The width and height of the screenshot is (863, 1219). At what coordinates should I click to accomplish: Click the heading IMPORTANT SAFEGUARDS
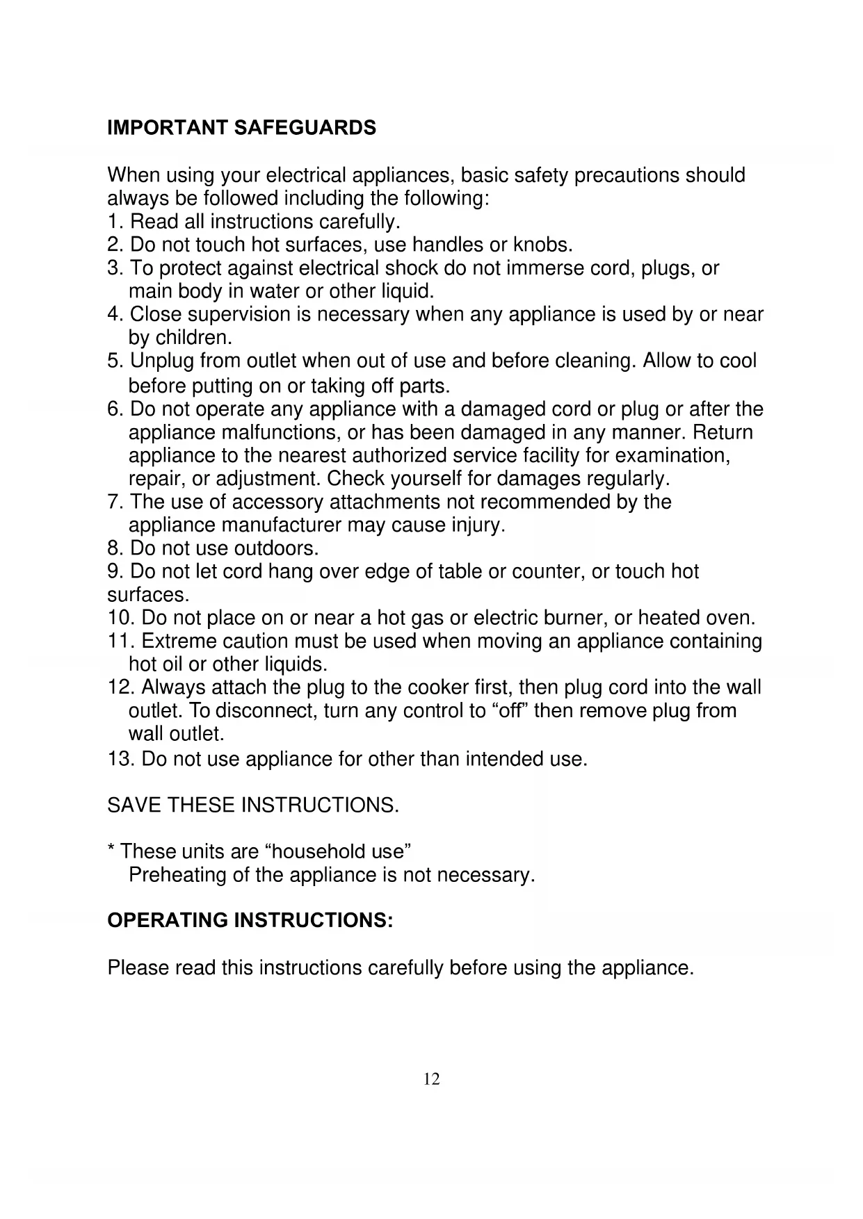coord(241,128)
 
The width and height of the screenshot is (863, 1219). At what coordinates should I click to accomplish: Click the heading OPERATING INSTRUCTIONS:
coord(250,920)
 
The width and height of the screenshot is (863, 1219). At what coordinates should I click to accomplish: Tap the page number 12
coord(431,1079)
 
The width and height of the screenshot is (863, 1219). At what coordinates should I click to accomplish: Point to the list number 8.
coord(115,548)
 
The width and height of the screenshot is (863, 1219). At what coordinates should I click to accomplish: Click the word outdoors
coord(275,548)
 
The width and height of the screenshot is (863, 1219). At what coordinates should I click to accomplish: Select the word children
coord(193,338)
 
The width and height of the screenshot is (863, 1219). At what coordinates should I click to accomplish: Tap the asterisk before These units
coord(111,849)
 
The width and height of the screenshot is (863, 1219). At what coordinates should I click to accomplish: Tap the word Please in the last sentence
coord(137,967)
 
